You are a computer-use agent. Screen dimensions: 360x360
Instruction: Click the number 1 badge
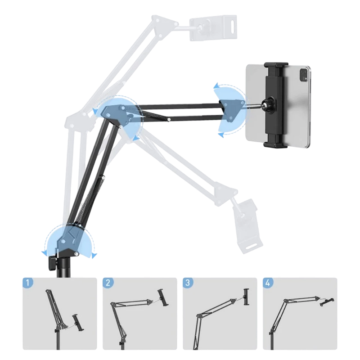click(x=28, y=283)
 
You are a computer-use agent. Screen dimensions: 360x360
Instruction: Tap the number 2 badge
click(x=108, y=283)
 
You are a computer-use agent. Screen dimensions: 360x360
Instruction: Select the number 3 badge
click(x=188, y=283)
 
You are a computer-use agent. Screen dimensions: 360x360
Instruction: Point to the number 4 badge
click(x=268, y=283)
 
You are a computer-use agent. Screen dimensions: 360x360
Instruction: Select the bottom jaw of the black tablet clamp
click(x=275, y=144)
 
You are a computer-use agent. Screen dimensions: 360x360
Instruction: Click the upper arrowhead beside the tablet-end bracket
click(x=216, y=86)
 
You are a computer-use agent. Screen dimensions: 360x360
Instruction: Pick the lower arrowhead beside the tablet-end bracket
click(x=220, y=135)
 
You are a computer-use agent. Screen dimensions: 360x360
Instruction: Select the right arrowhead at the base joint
click(x=94, y=255)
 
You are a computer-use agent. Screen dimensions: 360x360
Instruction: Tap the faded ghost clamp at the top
click(x=212, y=27)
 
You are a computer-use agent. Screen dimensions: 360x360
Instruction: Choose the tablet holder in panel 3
click(x=247, y=297)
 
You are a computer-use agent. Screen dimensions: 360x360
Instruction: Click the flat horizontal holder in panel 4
click(x=327, y=301)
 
